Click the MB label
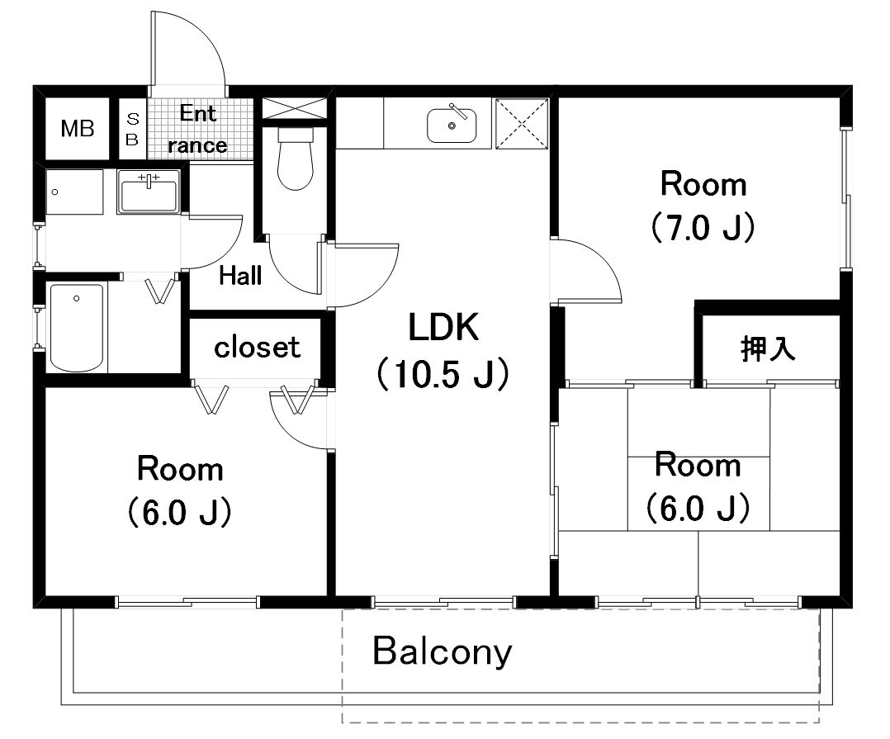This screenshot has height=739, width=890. tap(78, 129)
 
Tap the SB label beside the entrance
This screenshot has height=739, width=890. tap(132, 129)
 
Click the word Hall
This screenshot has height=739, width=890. tap(240, 276)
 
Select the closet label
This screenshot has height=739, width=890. tap(257, 347)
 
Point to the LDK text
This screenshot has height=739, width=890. tap(444, 327)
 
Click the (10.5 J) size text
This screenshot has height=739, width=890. tap(443, 374)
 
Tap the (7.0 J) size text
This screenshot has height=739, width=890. tap(703, 227)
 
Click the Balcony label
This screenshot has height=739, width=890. tap(443, 651)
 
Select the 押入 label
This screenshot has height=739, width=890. tap(768, 348)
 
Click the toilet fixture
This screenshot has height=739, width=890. tap(296, 159)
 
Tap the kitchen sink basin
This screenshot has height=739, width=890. tap(452, 126)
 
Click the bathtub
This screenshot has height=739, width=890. tap(77, 328)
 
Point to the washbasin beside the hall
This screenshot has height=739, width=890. tap(149, 192)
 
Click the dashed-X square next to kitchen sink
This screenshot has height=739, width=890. tap(522, 124)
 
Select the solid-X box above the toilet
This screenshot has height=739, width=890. tap(295, 108)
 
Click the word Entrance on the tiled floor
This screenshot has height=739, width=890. tap(197, 130)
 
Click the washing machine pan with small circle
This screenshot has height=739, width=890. tap(74, 192)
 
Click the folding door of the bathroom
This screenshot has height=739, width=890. tap(161, 290)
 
